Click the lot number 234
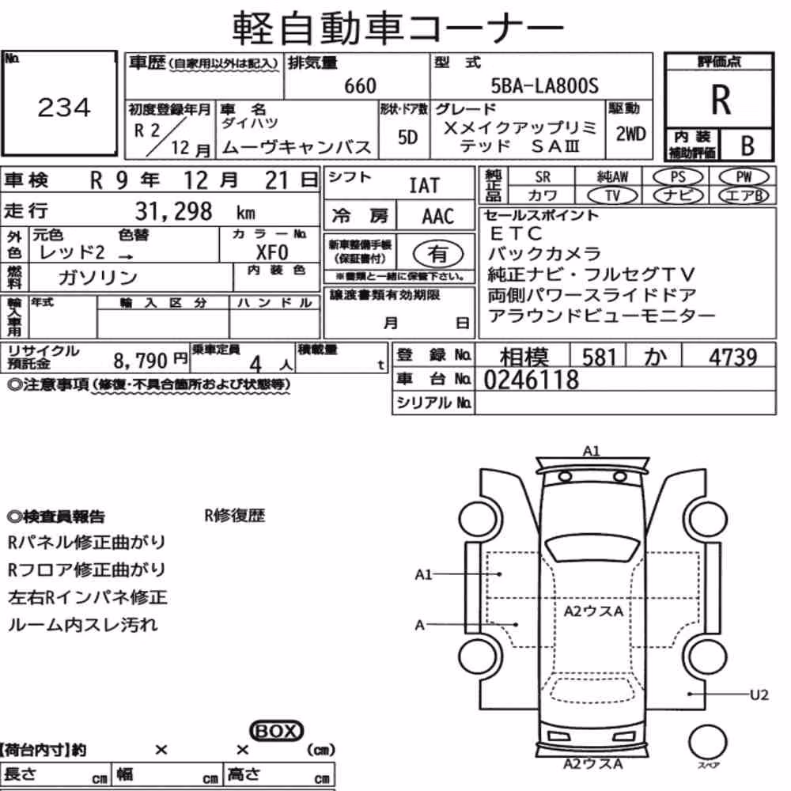64,108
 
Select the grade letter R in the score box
721,100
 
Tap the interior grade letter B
747,146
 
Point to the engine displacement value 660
360,85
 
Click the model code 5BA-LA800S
545,85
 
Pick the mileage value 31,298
173,211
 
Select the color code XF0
272,252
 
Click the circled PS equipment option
678,176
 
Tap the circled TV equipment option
612,195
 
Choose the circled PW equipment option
744,176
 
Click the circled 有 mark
438,253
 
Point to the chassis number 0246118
531,380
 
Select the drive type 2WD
630,134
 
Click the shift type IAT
424,186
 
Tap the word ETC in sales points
516,233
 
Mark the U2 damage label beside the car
759,694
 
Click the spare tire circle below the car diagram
707,743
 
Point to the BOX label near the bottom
276,730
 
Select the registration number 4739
732,358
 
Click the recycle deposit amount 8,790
140,360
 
